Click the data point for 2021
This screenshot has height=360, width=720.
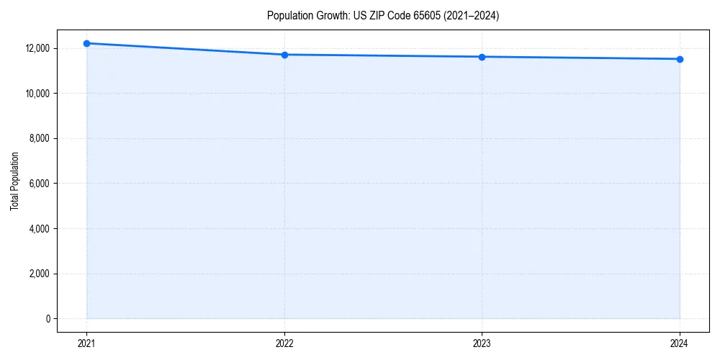[86, 43]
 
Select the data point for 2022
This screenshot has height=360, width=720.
[284, 55]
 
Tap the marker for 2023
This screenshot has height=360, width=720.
[482, 57]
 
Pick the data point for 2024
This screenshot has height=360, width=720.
[680, 59]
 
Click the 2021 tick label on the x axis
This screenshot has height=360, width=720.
[86, 343]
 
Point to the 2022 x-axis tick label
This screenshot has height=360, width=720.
[284, 343]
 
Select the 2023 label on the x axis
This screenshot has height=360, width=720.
[482, 343]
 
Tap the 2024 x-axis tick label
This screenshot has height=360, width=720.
[680, 343]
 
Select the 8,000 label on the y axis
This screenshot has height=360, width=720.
[40, 138]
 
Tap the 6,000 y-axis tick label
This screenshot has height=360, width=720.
[40, 184]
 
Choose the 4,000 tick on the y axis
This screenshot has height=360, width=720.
[40, 229]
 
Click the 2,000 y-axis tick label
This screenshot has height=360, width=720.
[40, 274]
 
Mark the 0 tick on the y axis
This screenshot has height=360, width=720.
[47, 319]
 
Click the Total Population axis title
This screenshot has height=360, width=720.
[14, 181]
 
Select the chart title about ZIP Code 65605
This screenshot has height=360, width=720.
[382, 16]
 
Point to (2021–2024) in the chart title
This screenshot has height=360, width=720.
[472, 16]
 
